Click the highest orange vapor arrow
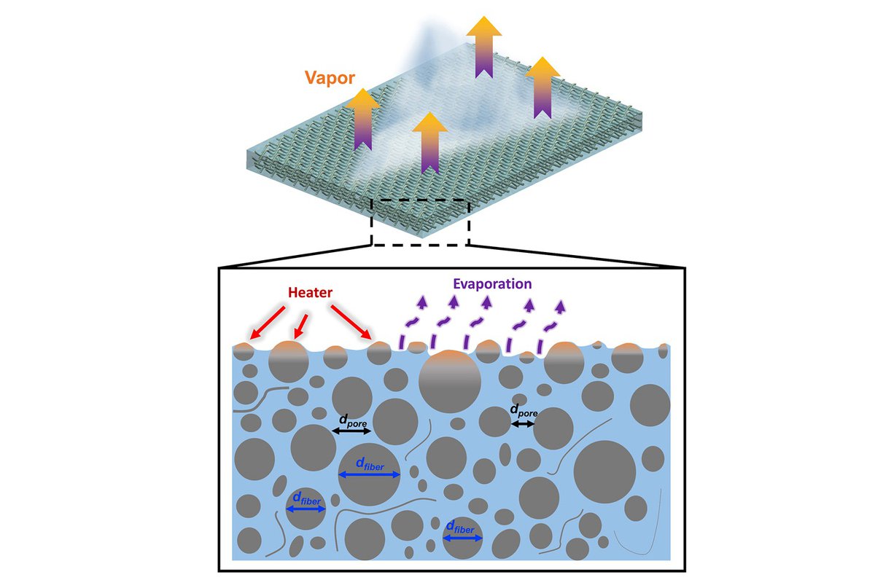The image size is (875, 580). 483,46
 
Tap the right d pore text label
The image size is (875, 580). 524,412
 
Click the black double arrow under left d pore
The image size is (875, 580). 352,432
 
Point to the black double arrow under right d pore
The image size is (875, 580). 523,423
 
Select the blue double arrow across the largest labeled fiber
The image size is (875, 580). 370,475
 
